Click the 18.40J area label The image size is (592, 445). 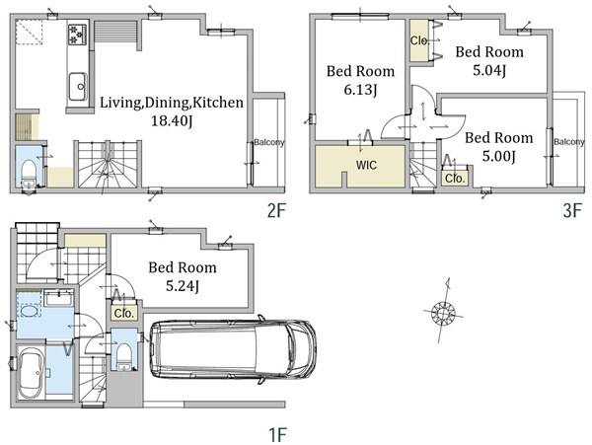(x=172, y=121)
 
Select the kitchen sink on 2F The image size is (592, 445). (x=77, y=87)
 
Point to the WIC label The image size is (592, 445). (x=366, y=165)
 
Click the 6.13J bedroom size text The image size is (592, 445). (x=360, y=90)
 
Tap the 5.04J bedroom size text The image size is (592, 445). (x=489, y=70)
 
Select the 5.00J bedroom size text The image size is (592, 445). (x=498, y=156)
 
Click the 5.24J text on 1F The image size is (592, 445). (x=183, y=286)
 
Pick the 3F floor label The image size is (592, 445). (x=572, y=210)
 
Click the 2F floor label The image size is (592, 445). (x=276, y=210)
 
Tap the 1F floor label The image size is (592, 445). (x=277, y=435)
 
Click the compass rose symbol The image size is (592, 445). (x=443, y=313)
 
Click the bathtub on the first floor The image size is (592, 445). (x=31, y=373)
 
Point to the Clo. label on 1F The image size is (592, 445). (x=124, y=313)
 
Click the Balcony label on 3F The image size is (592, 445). (x=569, y=142)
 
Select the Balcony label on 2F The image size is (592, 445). (x=268, y=142)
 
